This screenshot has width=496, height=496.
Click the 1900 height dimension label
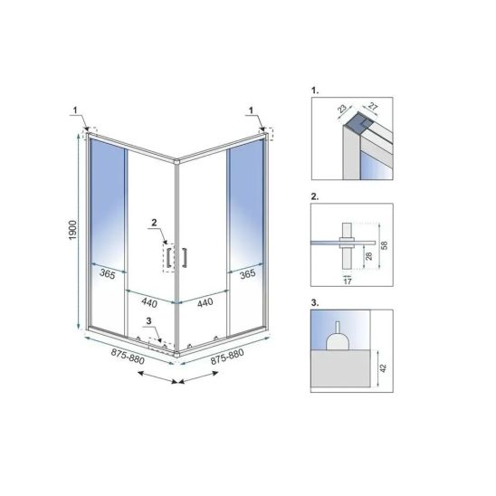click(72, 230)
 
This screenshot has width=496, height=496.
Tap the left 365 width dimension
click(107, 274)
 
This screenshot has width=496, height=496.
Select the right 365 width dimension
click(247, 273)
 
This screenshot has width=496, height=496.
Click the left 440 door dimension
click(149, 302)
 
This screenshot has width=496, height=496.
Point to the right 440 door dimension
click(205, 302)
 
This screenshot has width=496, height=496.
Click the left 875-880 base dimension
click(128, 357)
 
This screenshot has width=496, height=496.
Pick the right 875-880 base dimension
click(227, 357)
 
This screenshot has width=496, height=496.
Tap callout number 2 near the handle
click(154, 223)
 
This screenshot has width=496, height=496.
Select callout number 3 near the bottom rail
click(149, 320)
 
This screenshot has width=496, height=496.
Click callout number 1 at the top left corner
click(75, 110)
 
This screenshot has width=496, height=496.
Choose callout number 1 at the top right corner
click(251, 110)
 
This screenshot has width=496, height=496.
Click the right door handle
click(184, 257)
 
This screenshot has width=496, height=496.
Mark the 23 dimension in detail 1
click(342, 109)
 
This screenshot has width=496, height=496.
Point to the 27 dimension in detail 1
click(373, 107)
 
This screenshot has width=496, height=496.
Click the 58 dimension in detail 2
click(384, 245)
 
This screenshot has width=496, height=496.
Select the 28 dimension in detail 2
click(369, 255)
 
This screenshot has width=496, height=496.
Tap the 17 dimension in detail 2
click(348, 281)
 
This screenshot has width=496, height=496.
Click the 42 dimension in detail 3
click(383, 367)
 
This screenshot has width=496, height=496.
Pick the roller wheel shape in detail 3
click(338, 340)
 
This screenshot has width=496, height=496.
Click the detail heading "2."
click(315, 196)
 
